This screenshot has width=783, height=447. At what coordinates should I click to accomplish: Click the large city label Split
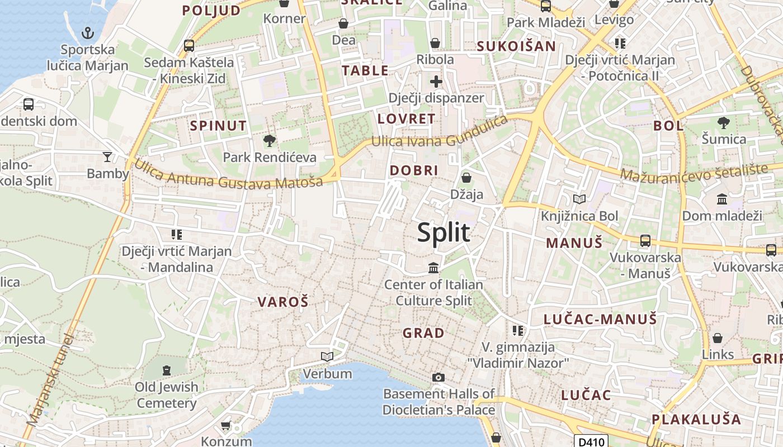coord(444,232)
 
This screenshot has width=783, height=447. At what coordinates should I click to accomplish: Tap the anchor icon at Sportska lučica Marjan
coord(87,33)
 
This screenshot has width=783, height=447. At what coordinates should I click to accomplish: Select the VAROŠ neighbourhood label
coord(283,302)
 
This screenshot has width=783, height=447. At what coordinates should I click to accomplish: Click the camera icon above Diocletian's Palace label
coord(438,377)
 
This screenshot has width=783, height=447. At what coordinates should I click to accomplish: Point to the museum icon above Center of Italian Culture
coord(433,268)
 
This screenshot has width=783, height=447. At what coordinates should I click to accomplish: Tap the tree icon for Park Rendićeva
coord(270,140)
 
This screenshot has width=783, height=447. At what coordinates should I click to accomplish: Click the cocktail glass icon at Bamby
coord(107,156)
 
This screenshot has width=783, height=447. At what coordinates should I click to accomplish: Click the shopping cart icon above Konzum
coord(226,426)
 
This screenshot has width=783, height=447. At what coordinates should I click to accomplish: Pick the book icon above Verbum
coord(327,356)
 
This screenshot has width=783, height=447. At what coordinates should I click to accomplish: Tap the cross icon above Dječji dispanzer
coord(436,82)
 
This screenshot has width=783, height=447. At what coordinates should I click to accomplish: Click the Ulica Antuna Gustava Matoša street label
coord(229,174)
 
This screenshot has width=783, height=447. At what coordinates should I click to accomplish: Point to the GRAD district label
coord(423,333)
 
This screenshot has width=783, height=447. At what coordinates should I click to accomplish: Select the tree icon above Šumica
coord(723,122)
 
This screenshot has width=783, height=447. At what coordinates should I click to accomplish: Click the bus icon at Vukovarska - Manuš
coord(645,241)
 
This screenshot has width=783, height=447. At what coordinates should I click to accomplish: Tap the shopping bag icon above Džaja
coord(466,178)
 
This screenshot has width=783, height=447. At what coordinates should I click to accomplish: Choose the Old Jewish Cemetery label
coord(167,394)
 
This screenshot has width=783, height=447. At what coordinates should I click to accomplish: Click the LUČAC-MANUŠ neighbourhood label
coord(600,320)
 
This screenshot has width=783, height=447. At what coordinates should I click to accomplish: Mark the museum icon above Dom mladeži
coord(722,199)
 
